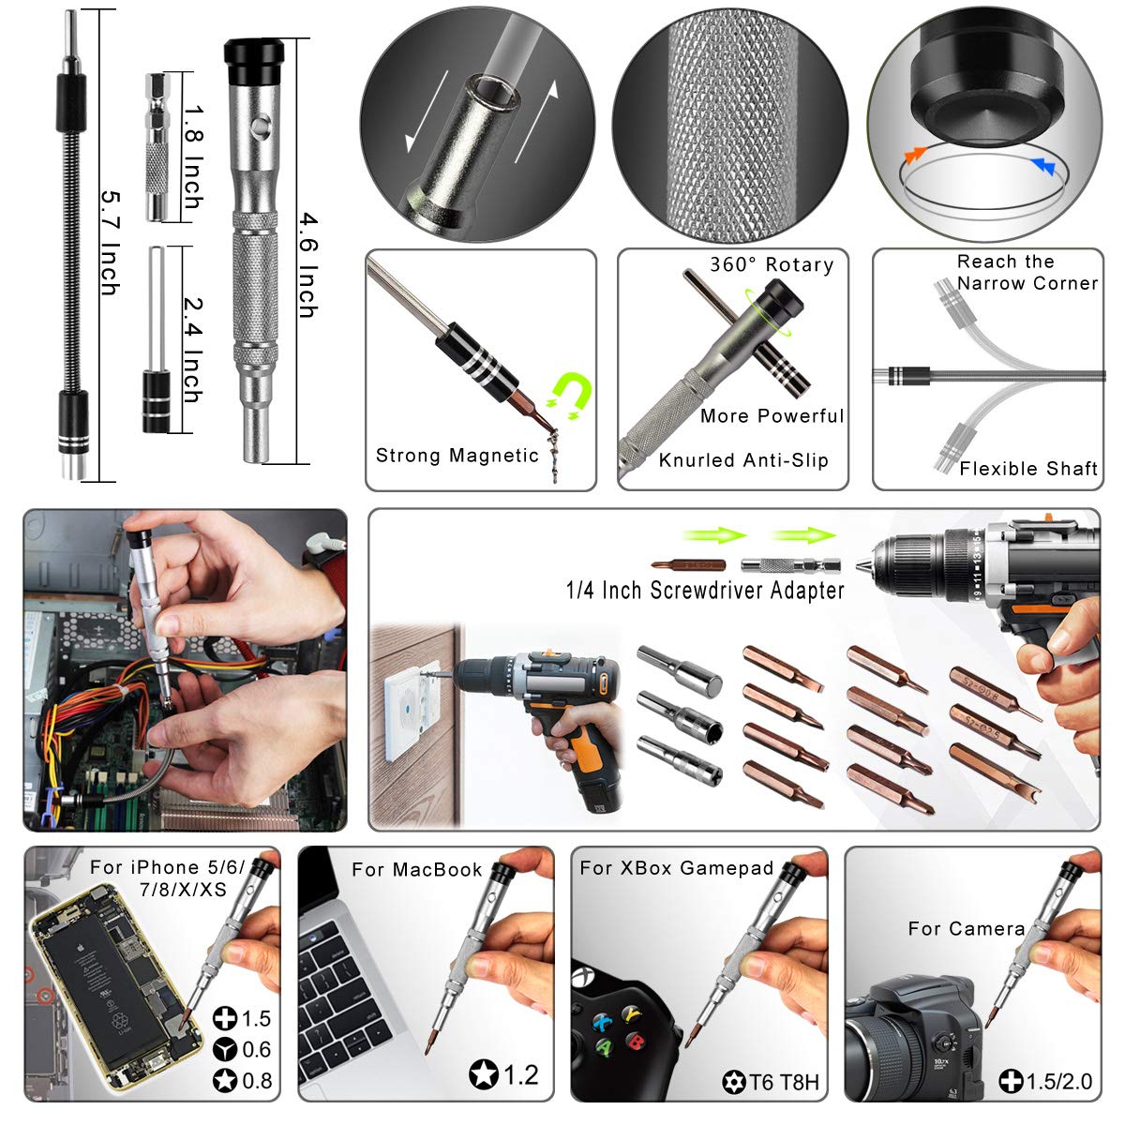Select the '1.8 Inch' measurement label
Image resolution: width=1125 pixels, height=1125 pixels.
(192, 157)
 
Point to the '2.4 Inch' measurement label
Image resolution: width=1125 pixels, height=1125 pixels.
(192, 349)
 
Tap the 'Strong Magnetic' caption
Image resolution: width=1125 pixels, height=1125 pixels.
(457, 456)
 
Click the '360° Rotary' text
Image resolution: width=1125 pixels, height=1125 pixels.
(771, 265)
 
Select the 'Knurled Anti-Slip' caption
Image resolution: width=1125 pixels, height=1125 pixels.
(743, 460)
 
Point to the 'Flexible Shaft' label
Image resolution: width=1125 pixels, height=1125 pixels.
(1027, 469)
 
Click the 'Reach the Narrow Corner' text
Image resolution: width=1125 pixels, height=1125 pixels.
(1026, 273)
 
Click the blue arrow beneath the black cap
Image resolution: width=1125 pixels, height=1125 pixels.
(1042, 166)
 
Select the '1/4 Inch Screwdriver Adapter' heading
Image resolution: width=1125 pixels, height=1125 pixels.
(705, 591)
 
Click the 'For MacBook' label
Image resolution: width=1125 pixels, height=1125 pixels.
(416, 870)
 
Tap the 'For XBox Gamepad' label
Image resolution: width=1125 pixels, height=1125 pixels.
(676, 868)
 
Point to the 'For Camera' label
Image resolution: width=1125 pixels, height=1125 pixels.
(966, 929)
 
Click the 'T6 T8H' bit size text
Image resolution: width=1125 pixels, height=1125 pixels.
(784, 1084)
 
